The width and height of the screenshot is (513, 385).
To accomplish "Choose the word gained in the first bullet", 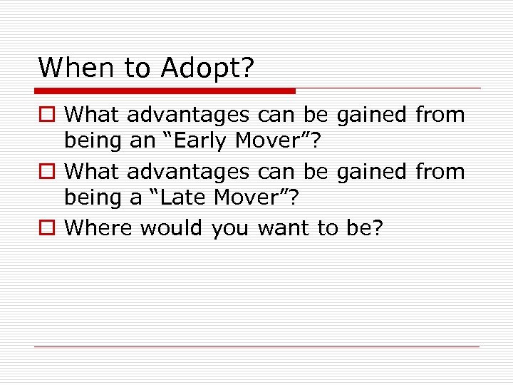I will click(370, 115).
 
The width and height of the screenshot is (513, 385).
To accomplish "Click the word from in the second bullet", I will click(439, 171).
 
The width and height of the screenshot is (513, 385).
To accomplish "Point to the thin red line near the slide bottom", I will click(256, 347).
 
